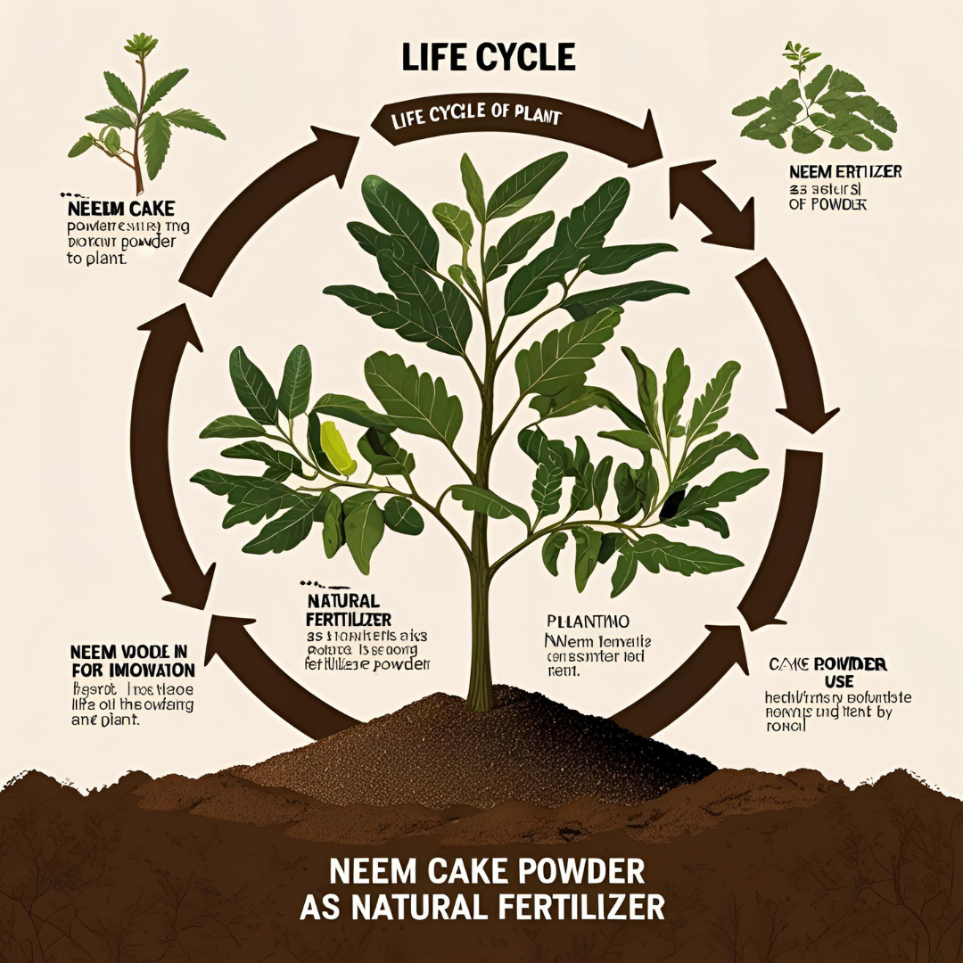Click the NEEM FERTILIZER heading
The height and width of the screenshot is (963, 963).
[844, 171]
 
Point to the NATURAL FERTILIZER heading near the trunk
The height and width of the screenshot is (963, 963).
[342, 610]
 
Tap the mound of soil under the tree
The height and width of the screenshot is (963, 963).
[481, 749]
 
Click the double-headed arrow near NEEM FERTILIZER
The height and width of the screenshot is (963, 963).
[711, 202]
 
